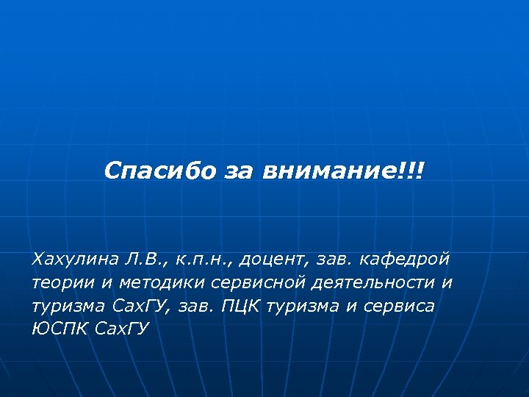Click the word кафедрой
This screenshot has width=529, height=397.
click(x=406, y=260)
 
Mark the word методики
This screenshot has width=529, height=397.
click(x=142, y=283)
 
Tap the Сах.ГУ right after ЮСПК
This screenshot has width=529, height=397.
click(x=122, y=329)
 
